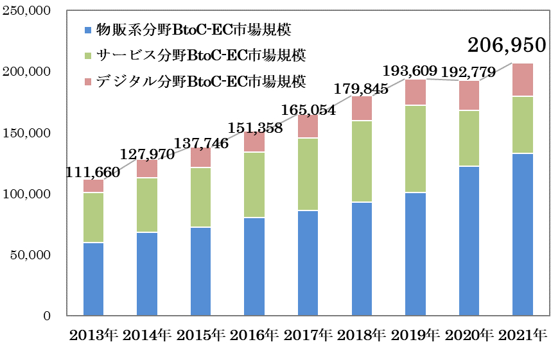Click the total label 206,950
[x=506, y=45]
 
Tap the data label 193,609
[x=410, y=71]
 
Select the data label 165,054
[x=308, y=110]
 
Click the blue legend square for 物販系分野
[x=87, y=30]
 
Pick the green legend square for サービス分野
[x=87, y=56]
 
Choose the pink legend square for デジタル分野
[x=87, y=82]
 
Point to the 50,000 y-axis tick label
[x=31, y=255]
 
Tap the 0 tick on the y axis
[x=46, y=316]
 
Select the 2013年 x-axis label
[x=93, y=334]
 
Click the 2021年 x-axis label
[x=522, y=334]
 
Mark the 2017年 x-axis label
[x=308, y=334]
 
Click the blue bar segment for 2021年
[x=522, y=234]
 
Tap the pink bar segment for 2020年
[x=469, y=96]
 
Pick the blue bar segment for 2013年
[x=93, y=279]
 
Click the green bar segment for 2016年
[x=254, y=185]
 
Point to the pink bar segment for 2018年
[x=361, y=108]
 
